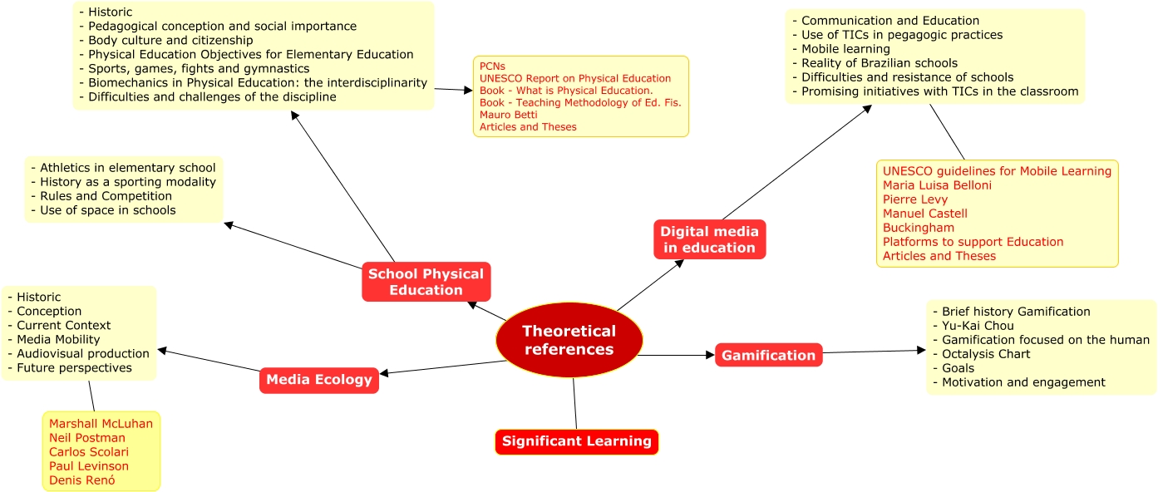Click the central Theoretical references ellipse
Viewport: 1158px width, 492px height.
[569, 341]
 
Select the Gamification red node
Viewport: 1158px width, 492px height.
[768, 355]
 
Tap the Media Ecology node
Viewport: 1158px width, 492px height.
[319, 380]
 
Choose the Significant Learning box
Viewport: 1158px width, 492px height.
[576, 441]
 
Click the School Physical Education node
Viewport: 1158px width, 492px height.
[426, 282]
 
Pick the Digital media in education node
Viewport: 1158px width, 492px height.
[709, 239]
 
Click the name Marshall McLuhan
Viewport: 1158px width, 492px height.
[101, 424]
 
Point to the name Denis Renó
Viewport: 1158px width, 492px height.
[81, 480]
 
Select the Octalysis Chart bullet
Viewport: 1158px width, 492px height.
[985, 354]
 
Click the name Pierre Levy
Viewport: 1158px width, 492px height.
[915, 199]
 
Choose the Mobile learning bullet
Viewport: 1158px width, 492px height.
[845, 49]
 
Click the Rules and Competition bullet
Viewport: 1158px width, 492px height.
[106, 196]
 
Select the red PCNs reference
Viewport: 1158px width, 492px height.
[492, 66]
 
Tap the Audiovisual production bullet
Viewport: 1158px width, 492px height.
[83, 353]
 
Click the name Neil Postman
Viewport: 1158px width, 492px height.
[87, 438]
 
